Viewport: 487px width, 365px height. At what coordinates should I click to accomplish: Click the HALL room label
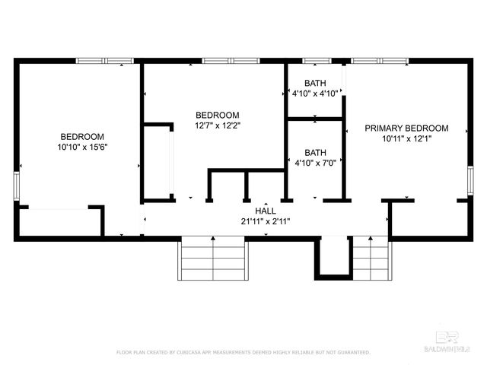[x=266, y=211]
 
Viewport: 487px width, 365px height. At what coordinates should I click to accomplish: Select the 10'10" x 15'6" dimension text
[x=83, y=147]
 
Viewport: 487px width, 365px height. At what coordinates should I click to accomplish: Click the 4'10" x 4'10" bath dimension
[x=315, y=94]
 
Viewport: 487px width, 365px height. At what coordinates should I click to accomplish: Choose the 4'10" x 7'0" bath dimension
[x=315, y=162]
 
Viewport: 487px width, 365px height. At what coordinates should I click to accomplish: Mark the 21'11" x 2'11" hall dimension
[x=266, y=222]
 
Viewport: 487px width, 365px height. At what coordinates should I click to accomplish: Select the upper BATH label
[x=315, y=84]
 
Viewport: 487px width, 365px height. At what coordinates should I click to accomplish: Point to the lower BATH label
[x=315, y=151]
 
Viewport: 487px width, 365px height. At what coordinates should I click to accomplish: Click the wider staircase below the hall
[x=212, y=260]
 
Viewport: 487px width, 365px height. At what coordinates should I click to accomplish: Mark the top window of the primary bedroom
[x=379, y=60]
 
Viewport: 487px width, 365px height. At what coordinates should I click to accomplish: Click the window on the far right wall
[x=470, y=182]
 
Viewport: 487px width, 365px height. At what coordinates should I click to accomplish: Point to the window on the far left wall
[x=16, y=186]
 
